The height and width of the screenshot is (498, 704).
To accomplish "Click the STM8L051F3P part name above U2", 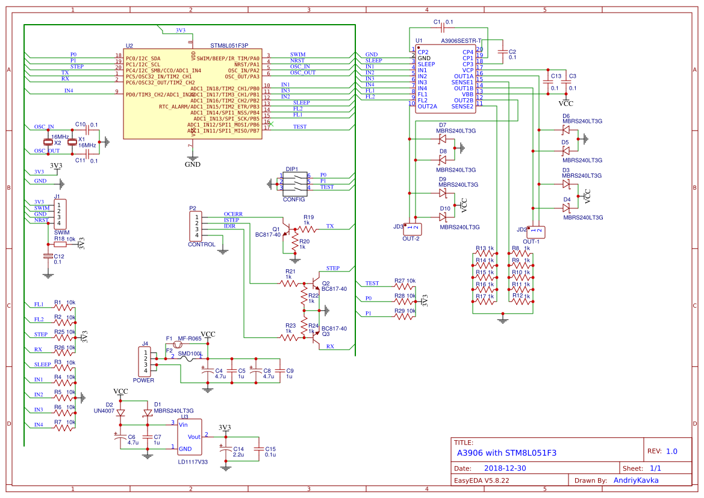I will coord(229,46).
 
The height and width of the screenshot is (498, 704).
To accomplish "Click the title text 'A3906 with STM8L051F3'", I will coord(506,453).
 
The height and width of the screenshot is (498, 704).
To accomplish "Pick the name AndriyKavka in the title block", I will coord(635,480).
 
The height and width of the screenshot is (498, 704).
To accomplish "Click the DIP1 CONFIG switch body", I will coord(295,182).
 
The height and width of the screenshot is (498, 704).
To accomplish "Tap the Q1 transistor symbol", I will coord(291,229).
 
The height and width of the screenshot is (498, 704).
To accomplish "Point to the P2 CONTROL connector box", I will coord(196,226).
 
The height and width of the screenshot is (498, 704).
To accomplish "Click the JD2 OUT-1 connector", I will coord(535,230).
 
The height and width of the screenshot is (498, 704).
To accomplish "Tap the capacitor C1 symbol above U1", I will coord(443,28).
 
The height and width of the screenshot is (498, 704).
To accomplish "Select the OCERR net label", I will coord(233,214).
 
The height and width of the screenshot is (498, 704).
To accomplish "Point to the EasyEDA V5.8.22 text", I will coord(481,481).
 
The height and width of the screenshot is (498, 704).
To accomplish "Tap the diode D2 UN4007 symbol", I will coord(120,412).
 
